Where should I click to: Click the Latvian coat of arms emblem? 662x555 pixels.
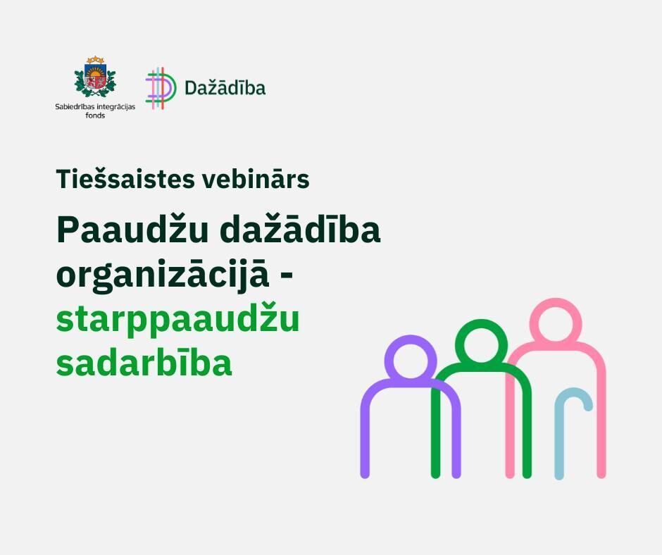(x=95, y=77)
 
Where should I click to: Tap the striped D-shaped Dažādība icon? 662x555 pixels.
(x=161, y=88)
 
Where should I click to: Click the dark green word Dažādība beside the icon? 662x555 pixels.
(x=225, y=87)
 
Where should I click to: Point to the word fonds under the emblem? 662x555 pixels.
(x=95, y=116)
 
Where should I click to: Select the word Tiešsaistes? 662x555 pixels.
(x=125, y=179)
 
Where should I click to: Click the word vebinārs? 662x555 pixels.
(x=256, y=179)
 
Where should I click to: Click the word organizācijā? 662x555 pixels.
(x=162, y=275)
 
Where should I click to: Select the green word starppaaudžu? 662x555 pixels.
(x=177, y=320)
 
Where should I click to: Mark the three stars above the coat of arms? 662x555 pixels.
(x=95, y=60)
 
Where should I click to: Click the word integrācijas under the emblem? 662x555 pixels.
(x=115, y=107)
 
